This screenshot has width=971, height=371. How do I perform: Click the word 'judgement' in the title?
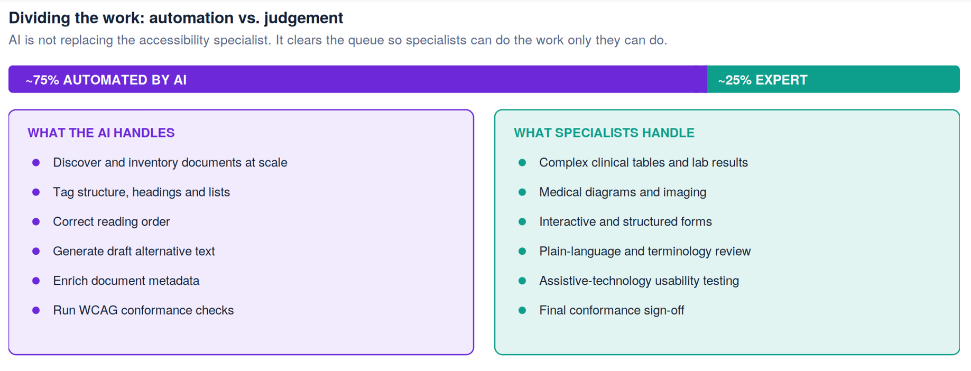pyautogui.click(x=303, y=18)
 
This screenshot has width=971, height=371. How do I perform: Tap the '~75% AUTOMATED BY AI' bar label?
pyautogui.click(x=106, y=80)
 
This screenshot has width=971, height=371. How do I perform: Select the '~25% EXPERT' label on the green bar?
pyautogui.click(x=762, y=80)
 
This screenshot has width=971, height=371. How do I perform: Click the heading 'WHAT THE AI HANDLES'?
pyautogui.click(x=101, y=133)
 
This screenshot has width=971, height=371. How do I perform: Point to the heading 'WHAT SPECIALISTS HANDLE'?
pyautogui.click(x=604, y=133)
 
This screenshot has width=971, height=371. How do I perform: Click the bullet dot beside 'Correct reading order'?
pyautogui.click(x=36, y=221)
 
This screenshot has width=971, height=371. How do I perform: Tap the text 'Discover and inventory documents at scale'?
pyautogui.click(x=170, y=162)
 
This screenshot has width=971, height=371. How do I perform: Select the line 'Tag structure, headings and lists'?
pyautogui.click(x=141, y=192)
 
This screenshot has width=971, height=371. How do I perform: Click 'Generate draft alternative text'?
pyautogui.click(x=134, y=251)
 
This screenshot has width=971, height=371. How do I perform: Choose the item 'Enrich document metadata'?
pyautogui.click(x=126, y=281)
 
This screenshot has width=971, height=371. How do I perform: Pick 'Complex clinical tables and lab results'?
pyautogui.click(x=643, y=162)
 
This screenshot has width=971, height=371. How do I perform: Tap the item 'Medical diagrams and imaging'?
pyautogui.click(x=623, y=192)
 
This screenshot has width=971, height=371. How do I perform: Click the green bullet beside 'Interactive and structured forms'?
pyautogui.click(x=522, y=221)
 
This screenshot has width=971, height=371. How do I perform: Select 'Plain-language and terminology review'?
pyautogui.click(x=645, y=252)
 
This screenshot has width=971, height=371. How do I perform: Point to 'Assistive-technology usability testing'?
pyautogui.click(x=639, y=281)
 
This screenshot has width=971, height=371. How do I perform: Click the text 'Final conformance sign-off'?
pyautogui.click(x=612, y=310)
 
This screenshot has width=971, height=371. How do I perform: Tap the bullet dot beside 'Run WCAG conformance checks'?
pyautogui.click(x=36, y=310)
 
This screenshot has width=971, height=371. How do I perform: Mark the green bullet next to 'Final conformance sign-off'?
pyautogui.click(x=522, y=310)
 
